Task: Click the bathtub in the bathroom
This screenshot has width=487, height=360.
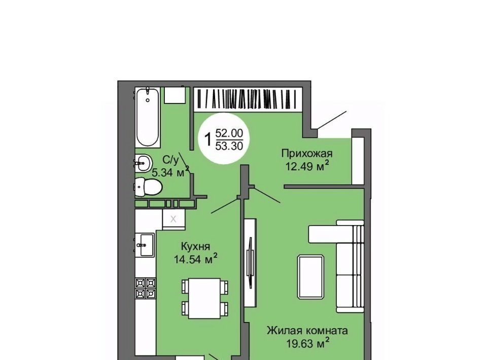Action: point(148,117)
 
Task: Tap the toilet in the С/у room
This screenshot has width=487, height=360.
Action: point(148,187)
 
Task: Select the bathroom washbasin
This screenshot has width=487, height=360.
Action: point(143,162)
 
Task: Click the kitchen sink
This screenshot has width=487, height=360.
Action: point(145,245)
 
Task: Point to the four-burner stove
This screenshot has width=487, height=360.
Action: point(146,289)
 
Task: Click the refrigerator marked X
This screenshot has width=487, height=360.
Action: point(173,219)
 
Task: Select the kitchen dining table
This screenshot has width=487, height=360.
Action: point(204,298)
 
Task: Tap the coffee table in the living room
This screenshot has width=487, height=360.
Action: point(310,277)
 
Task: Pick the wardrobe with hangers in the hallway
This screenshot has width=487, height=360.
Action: point(248,99)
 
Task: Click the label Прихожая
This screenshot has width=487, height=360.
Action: point(306,153)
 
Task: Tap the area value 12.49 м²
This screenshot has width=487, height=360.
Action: point(307,166)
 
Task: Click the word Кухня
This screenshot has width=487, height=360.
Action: point(195,246)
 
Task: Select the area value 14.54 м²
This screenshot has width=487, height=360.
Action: point(195,259)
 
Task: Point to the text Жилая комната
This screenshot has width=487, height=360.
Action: point(307,331)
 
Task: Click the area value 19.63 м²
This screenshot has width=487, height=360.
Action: point(307,344)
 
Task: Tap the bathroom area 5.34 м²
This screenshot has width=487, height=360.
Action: point(170,171)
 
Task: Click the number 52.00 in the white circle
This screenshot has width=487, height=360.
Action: point(229,133)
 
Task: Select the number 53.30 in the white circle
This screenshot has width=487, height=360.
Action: point(229,146)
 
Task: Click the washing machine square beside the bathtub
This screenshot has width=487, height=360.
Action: point(175,95)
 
